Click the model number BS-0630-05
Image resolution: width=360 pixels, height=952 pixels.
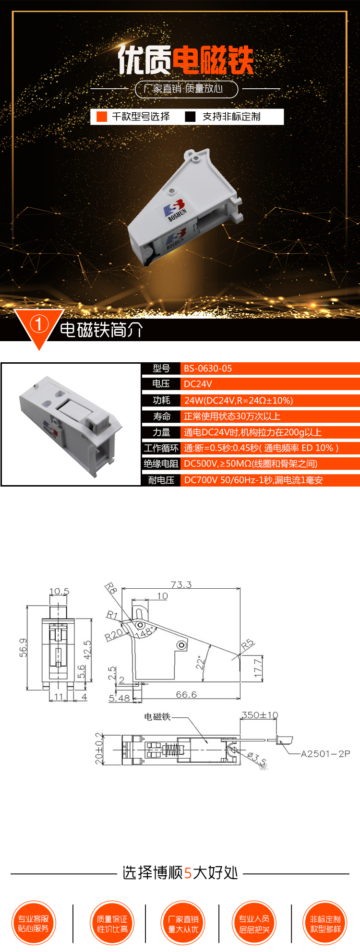coord(208,369)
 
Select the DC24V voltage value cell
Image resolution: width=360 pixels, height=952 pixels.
coord(198,384)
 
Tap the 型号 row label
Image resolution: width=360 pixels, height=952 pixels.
coord(161,369)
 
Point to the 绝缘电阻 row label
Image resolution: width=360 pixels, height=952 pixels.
coord(161,464)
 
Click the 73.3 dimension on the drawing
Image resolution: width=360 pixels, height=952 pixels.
coord(181,584)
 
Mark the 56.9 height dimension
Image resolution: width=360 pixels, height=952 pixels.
coord(24,647)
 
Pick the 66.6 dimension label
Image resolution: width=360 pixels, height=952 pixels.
coord(186,694)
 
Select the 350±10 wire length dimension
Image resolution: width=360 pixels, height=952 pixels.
coord(259,715)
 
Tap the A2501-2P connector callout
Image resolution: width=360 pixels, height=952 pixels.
coord(325,754)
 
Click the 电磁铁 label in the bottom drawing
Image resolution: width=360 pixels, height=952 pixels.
coord(157,717)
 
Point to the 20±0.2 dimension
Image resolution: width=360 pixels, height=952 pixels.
coord(99,749)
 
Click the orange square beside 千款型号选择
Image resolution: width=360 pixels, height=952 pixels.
coord(102,117)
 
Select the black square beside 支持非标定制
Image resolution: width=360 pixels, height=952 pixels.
coord(191,117)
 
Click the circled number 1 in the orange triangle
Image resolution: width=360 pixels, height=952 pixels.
coord(39,325)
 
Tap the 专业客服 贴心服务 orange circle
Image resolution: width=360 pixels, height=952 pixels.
coord(34,924)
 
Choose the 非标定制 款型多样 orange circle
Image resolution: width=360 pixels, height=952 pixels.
coord(325,924)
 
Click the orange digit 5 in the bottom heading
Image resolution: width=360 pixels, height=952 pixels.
coord(188,872)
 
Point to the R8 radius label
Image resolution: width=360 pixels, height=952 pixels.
coord(111,588)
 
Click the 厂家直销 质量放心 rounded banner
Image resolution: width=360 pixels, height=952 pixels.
coord(187,89)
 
